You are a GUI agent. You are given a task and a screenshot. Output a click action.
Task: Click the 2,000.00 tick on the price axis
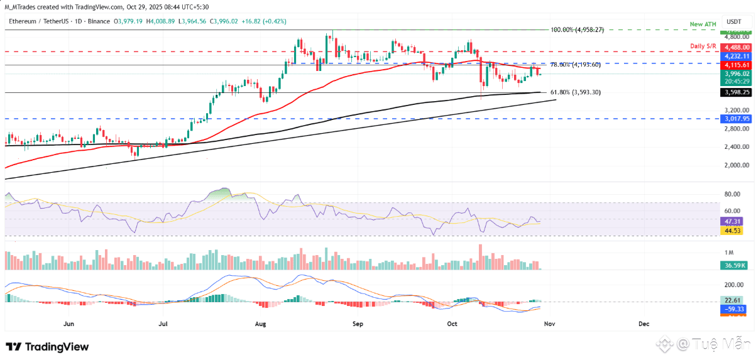click(x=733, y=165)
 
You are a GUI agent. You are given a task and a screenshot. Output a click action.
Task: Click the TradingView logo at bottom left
click(x=47, y=347)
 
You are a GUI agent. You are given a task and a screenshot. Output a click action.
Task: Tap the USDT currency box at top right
click(x=733, y=21)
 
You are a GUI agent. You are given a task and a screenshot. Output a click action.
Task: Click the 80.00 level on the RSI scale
click(x=732, y=194)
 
